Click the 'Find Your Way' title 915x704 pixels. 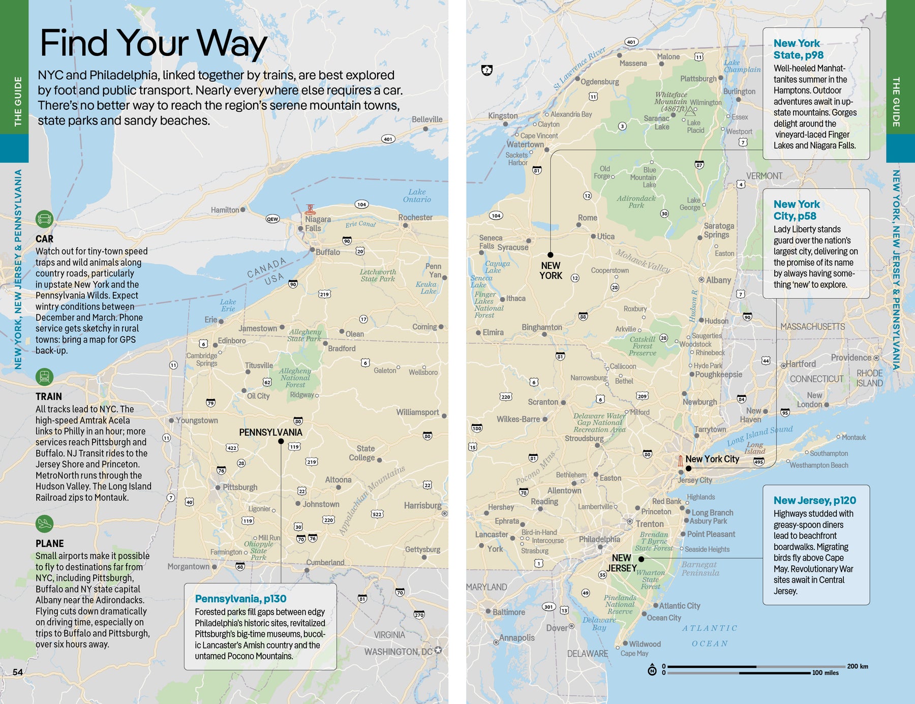point(153,44)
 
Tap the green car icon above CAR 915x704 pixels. point(45,219)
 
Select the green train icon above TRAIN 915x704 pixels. point(45,377)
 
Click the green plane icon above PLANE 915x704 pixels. point(45,523)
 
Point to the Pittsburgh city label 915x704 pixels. point(240,487)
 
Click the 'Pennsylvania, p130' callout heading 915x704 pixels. point(240,599)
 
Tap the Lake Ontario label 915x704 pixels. point(417,196)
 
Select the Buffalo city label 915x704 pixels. point(327,252)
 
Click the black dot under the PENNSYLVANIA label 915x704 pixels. point(281,441)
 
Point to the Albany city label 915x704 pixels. point(718,280)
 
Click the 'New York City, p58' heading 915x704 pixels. point(797,210)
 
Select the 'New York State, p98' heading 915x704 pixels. point(798,49)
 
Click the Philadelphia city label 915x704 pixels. point(599,539)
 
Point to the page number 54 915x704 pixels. point(18,672)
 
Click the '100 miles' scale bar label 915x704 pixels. point(825,673)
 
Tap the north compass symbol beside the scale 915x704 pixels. point(652,670)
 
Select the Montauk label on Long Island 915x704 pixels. point(853,437)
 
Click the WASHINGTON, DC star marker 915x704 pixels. point(438,651)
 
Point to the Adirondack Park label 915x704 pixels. point(636,202)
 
